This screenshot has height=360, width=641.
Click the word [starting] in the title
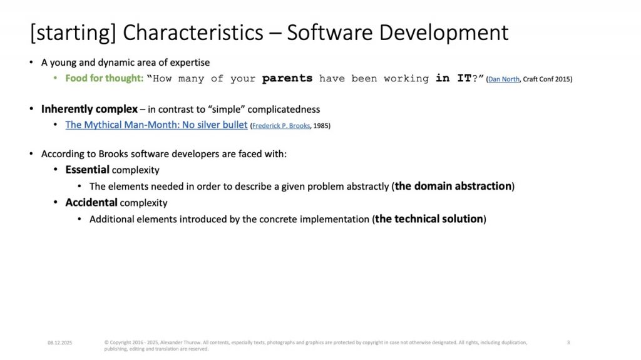point(73,33)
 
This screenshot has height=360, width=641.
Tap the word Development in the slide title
point(444,33)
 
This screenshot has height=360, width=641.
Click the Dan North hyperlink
point(504,79)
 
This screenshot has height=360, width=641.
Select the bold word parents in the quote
point(287,78)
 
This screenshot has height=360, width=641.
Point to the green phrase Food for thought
point(103,78)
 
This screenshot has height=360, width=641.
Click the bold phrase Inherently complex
point(89,109)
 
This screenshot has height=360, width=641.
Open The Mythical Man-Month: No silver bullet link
point(156,125)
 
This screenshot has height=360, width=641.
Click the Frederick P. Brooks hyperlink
point(281,126)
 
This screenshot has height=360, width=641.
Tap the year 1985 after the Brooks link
point(320,126)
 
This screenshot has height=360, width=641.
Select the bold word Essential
point(87,170)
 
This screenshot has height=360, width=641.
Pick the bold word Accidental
point(91,202)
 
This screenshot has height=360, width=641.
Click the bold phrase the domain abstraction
point(453,186)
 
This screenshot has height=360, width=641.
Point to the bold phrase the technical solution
point(429,219)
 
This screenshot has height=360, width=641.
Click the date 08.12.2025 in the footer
point(59,343)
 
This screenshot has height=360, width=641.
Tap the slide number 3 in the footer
point(568,342)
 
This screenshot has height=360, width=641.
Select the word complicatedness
point(284,110)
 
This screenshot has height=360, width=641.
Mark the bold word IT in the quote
point(464,78)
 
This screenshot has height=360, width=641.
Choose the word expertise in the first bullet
point(190,63)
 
